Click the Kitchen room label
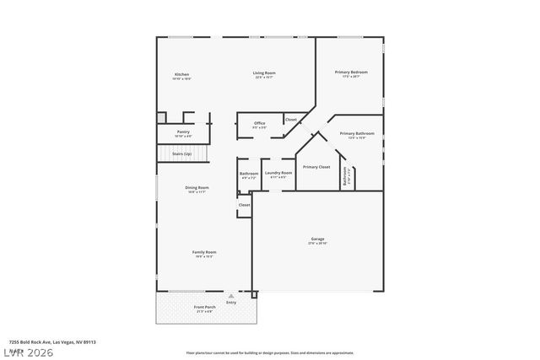point(181,75)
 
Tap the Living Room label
point(264,73)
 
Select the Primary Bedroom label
point(351,73)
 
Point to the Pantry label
point(183,132)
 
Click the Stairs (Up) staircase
point(181,155)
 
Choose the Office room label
point(260,124)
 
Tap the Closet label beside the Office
point(290,120)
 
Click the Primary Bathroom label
point(357,134)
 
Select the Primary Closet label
point(316,167)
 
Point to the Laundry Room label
point(278,174)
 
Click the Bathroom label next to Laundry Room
point(249,174)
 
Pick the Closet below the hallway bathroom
point(244,205)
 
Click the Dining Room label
point(197,188)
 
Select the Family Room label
point(204,252)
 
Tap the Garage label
point(317,239)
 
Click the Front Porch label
point(205,307)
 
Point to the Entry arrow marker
point(231,296)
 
